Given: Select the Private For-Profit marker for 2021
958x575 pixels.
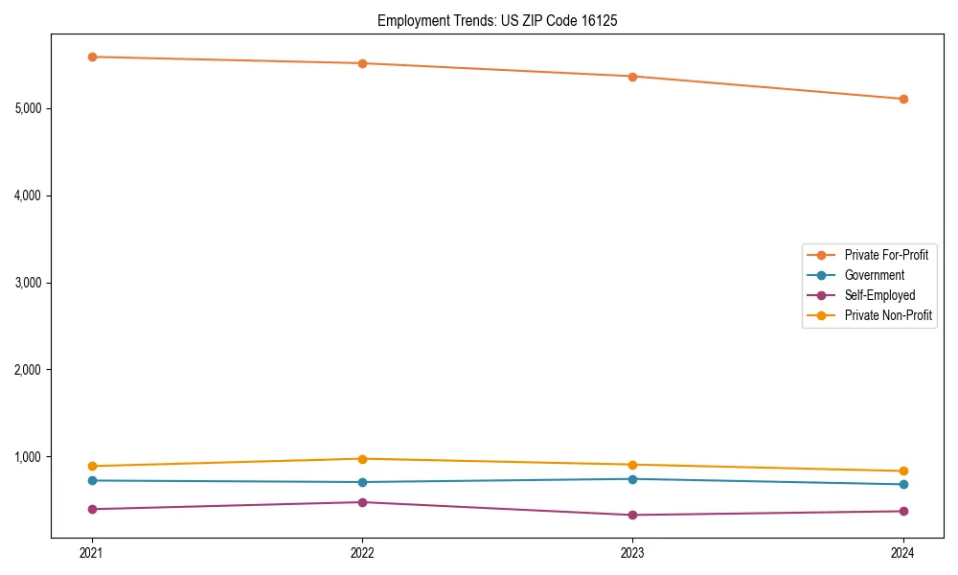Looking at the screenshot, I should click(92, 57).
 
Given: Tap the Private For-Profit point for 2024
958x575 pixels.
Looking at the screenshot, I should click(902, 99).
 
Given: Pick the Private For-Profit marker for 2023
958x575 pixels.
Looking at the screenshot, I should click(632, 76).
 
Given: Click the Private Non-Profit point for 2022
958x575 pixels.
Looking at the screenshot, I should click(362, 459).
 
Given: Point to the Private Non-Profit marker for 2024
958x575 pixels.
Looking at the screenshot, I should click(902, 471).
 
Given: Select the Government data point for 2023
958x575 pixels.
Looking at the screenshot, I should click(632, 479).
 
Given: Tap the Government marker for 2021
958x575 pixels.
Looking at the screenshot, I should click(92, 480).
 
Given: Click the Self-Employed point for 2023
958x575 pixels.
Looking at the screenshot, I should click(632, 515).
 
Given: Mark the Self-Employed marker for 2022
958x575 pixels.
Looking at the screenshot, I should click(362, 502).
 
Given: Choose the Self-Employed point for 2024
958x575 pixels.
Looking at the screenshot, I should click(902, 511).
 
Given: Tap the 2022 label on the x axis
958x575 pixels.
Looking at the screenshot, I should click(362, 552).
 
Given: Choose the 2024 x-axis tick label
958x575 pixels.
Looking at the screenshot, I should click(902, 552).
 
